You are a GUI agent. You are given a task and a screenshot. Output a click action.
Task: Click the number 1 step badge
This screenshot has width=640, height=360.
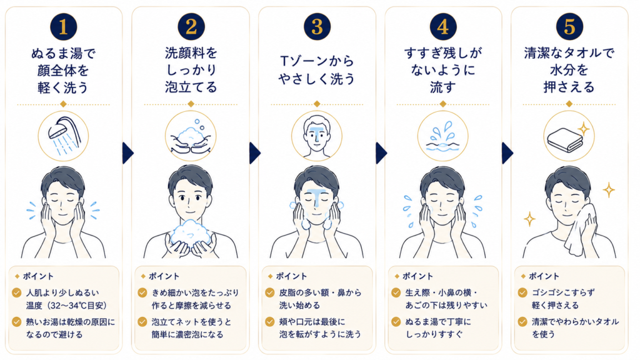(63, 26)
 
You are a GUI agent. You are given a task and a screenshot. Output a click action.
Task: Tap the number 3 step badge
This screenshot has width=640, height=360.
(317, 26)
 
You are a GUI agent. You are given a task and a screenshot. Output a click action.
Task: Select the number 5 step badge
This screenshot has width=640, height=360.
(569, 26)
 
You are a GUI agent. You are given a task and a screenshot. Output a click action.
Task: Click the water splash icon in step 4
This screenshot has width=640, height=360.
(443, 137)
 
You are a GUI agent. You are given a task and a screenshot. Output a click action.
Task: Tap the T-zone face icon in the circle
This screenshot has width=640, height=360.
(317, 136)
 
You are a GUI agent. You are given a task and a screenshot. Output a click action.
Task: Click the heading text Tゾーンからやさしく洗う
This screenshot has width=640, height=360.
(317, 70)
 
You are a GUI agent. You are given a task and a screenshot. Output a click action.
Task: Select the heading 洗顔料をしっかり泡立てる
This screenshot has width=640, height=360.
(191, 70)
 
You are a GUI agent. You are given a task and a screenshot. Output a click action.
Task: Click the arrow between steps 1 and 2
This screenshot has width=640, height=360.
(127, 153)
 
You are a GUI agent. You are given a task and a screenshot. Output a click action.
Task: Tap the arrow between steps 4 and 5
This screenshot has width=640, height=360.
(507, 153)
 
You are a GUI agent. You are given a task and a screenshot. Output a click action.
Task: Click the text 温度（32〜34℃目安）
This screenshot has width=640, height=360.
(66, 305)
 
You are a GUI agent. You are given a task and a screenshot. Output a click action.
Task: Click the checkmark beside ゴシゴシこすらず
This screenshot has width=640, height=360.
(522, 292)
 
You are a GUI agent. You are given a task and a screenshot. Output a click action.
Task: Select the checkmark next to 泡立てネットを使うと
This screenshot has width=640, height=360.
(142, 322)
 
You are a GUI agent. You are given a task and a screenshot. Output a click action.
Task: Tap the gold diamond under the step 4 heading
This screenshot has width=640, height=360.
(443, 104)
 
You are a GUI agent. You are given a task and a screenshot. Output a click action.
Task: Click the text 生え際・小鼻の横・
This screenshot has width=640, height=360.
(441, 292)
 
